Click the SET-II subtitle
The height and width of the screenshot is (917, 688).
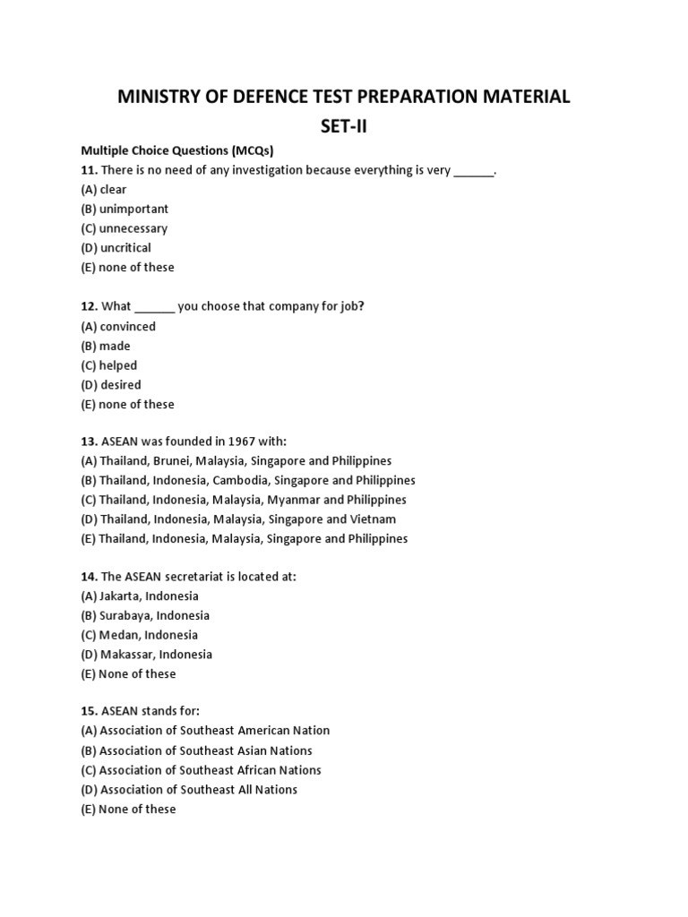pyautogui.click(x=344, y=126)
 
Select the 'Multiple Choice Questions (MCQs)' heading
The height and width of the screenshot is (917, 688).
pyautogui.click(x=176, y=150)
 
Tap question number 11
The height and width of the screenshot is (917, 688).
pyautogui.click(x=89, y=170)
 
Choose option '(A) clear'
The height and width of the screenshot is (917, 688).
pyautogui.click(x=104, y=190)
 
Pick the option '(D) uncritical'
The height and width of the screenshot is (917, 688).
pyautogui.click(x=116, y=248)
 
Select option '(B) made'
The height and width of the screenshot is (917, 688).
pyautogui.click(x=106, y=347)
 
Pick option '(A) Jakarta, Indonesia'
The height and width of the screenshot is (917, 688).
pyautogui.click(x=140, y=596)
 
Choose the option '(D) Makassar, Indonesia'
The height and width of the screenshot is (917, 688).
pyautogui.click(x=147, y=655)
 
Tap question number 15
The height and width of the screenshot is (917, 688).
pyautogui.click(x=89, y=711)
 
